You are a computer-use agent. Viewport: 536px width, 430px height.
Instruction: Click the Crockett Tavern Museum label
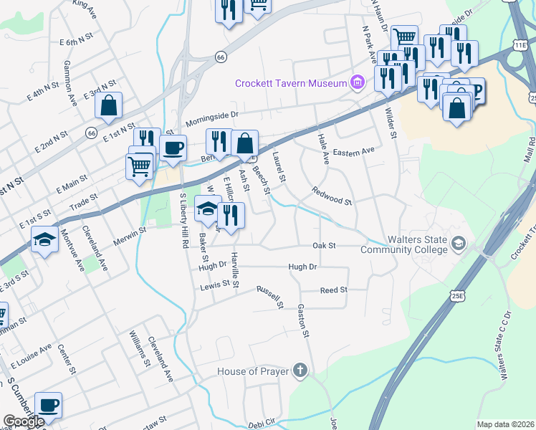tap(291, 83)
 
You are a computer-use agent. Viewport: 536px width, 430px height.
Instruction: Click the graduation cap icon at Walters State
tap(457, 244)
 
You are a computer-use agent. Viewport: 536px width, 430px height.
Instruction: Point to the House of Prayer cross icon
tap(300, 371)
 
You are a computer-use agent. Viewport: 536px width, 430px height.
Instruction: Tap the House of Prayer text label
tap(254, 371)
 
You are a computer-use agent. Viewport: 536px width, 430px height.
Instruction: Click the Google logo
tap(24, 421)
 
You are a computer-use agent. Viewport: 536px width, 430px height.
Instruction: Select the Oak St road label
tap(325, 245)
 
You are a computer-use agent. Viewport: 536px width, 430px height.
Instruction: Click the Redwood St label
tap(331, 196)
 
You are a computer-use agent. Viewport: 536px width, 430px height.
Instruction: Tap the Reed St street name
tap(333, 290)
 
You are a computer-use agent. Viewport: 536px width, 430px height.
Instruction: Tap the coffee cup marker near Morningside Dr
tap(173, 149)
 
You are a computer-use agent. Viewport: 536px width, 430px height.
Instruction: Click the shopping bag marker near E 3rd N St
tap(108, 105)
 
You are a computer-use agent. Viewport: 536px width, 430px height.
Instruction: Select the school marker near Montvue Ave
tap(44, 240)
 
